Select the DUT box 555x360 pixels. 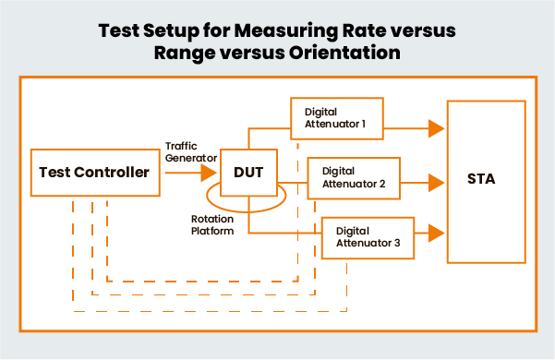point(248,172)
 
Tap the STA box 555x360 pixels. point(481,179)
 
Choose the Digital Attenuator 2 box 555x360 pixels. point(353,175)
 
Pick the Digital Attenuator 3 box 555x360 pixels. point(368,235)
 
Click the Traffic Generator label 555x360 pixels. point(189,150)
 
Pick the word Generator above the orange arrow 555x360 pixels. point(189,157)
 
